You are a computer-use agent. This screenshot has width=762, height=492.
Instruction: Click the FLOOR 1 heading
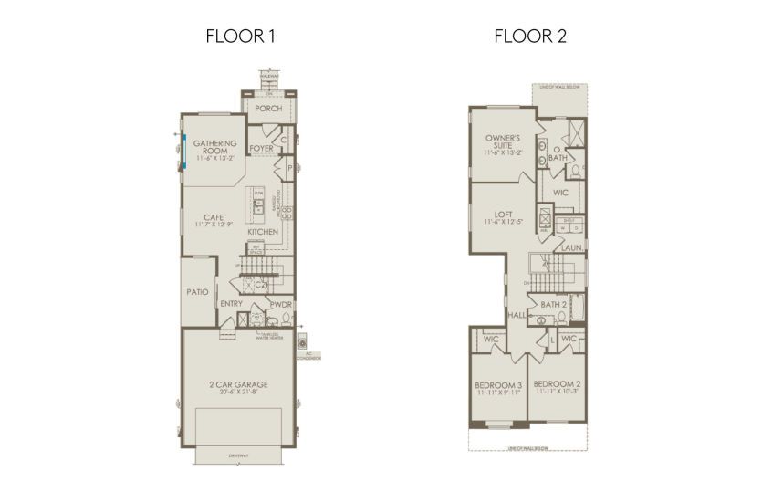(x=241, y=37)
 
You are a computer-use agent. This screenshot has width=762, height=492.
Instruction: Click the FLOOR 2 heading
(x=525, y=37)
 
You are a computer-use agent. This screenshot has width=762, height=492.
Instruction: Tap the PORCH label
(x=268, y=109)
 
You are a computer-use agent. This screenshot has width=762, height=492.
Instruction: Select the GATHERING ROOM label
(x=215, y=148)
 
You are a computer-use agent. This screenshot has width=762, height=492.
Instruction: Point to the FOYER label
(x=262, y=148)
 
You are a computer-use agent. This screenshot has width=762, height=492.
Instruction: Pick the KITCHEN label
(x=263, y=232)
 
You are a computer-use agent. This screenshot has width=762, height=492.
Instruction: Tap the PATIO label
(x=198, y=292)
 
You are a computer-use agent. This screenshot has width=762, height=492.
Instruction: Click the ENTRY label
(x=232, y=303)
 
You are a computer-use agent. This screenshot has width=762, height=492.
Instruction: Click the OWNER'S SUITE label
(x=502, y=141)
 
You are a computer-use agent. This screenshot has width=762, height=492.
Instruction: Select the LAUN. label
(x=571, y=247)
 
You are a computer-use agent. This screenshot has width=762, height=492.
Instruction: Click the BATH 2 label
(x=554, y=304)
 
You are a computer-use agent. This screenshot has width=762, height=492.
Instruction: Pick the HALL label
(x=517, y=314)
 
